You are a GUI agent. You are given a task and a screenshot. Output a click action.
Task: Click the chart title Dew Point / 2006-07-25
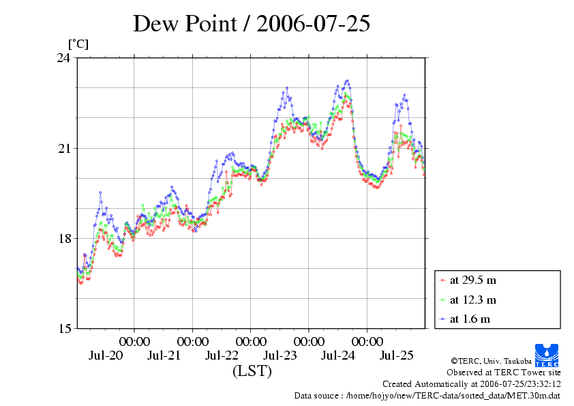click(x=252, y=24)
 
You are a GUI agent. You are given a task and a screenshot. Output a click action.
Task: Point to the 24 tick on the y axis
click(x=63, y=58)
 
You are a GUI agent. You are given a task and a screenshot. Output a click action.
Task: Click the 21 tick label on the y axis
click(x=63, y=149)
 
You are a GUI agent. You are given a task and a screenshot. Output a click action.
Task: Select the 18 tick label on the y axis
click(x=63, y=239)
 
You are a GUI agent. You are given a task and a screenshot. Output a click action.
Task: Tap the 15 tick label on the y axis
click(x=63, y=329)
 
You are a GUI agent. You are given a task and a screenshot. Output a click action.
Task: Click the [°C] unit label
click(x=78, y=44)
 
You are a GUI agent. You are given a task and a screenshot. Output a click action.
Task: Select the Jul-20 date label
click(x=106, y=356)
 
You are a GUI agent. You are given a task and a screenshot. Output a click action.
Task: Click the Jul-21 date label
click(x=164, y=356)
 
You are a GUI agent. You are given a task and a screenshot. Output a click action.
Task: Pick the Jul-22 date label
click(x=222, y=356)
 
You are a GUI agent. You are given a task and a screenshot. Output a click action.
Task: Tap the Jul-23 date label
click(x=280, y=356)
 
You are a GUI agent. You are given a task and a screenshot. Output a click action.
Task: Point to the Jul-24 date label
click(x=338, y=356)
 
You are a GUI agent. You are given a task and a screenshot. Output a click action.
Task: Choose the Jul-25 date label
click(x=396, y=356)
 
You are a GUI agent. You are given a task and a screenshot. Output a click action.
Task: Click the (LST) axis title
click(x=252, y=372)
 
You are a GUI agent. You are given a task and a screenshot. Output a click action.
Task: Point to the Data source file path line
click(x=427, y=395)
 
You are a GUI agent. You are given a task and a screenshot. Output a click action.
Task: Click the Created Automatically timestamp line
click(x=471, y=384)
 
